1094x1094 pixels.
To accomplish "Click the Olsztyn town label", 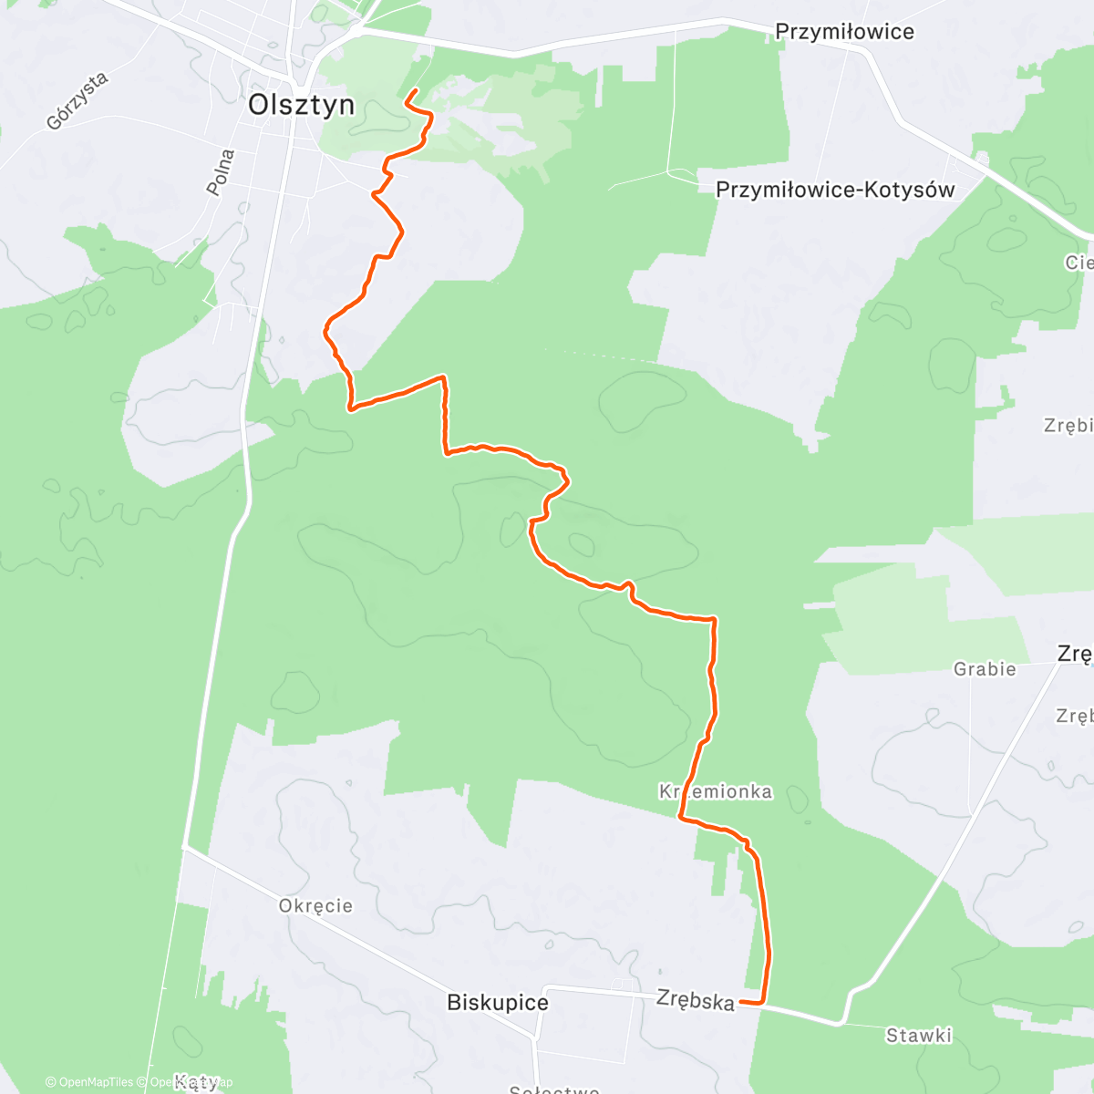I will [302, 105].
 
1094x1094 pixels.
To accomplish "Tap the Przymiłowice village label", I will [844, 32].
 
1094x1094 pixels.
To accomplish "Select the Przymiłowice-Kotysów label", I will [835, 190].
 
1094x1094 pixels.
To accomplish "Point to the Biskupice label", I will [498, 1003].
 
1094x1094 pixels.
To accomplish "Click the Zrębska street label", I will [696, 1000].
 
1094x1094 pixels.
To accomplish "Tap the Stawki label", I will [919, 1035].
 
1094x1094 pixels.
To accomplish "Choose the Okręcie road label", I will [315, 905].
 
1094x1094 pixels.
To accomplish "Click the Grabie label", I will [985, 669].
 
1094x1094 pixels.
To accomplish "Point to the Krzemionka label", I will [716, 791].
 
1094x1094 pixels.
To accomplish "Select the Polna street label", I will [221, 172].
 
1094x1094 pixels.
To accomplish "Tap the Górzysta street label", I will [77, 100].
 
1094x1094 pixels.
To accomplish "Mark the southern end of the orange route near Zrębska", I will [741, 1002].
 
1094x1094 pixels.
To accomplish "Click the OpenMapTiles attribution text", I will [88, 1082].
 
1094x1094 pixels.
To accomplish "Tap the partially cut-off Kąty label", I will [196, 1083].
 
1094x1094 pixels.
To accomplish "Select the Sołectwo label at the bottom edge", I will [554, 1089].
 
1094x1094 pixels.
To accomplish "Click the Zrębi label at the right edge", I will [1068, 426].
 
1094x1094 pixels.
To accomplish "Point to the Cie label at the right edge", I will [1079, 263].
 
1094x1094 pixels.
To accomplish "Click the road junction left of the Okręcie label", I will [184, 847].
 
